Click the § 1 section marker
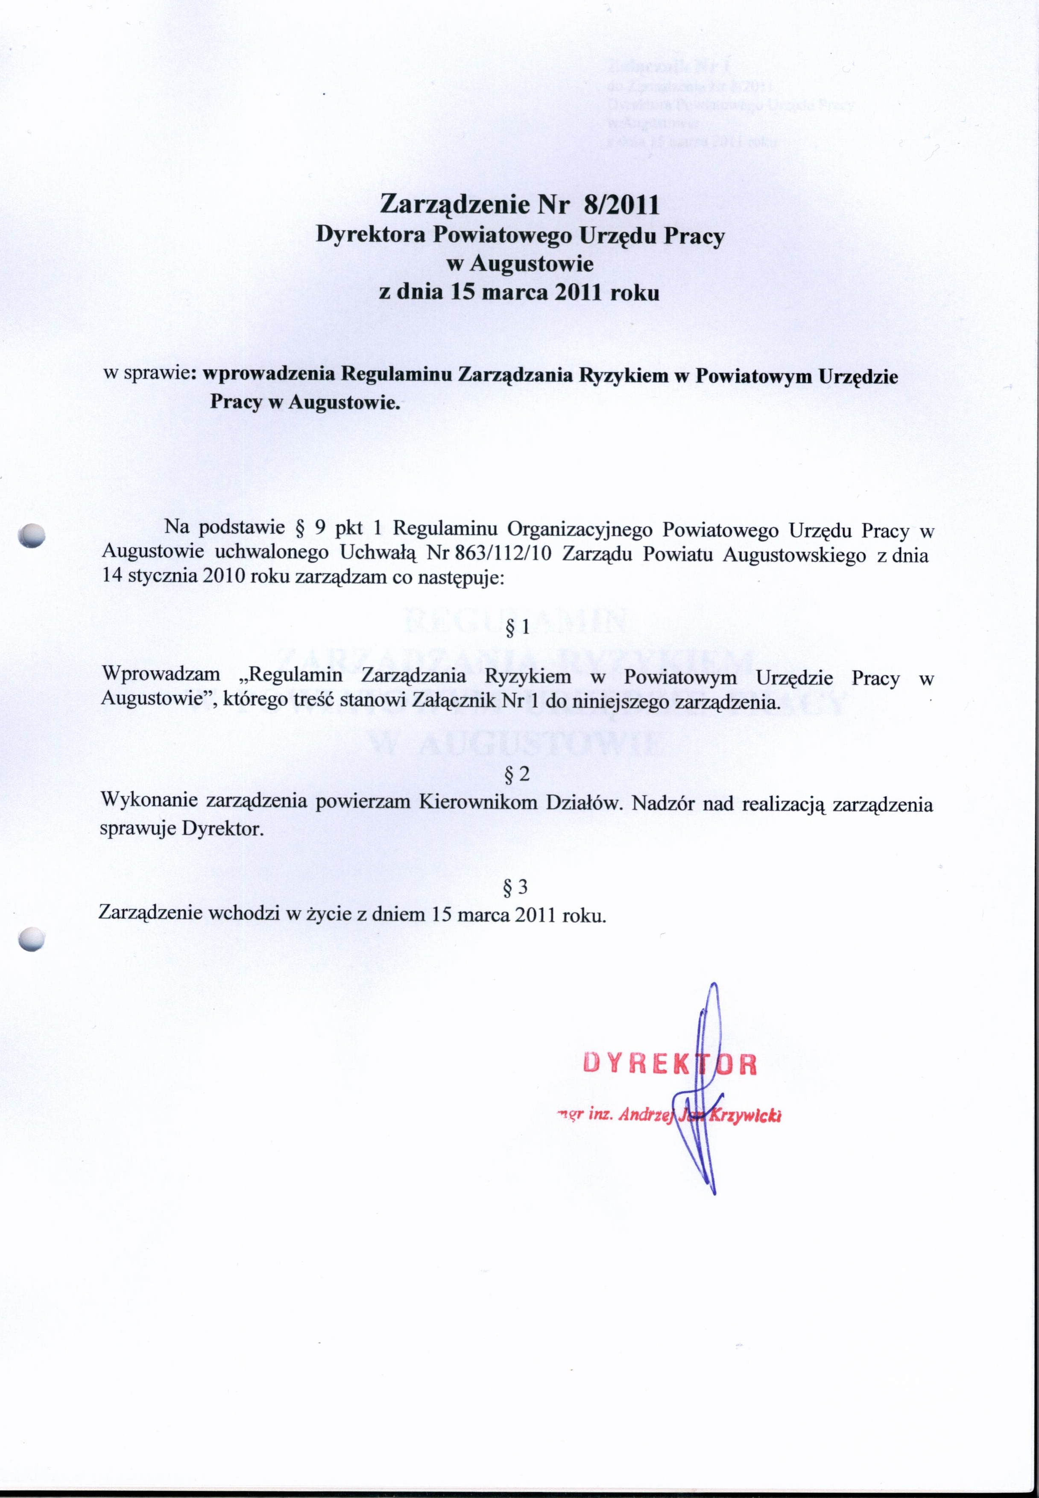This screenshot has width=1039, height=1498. pyautogui.click(x=518, y=628)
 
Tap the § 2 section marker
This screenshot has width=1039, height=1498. pyautogui.click(x=518, y=774)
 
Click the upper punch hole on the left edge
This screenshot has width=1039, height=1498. pyautogui.click(x=31, y=538)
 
